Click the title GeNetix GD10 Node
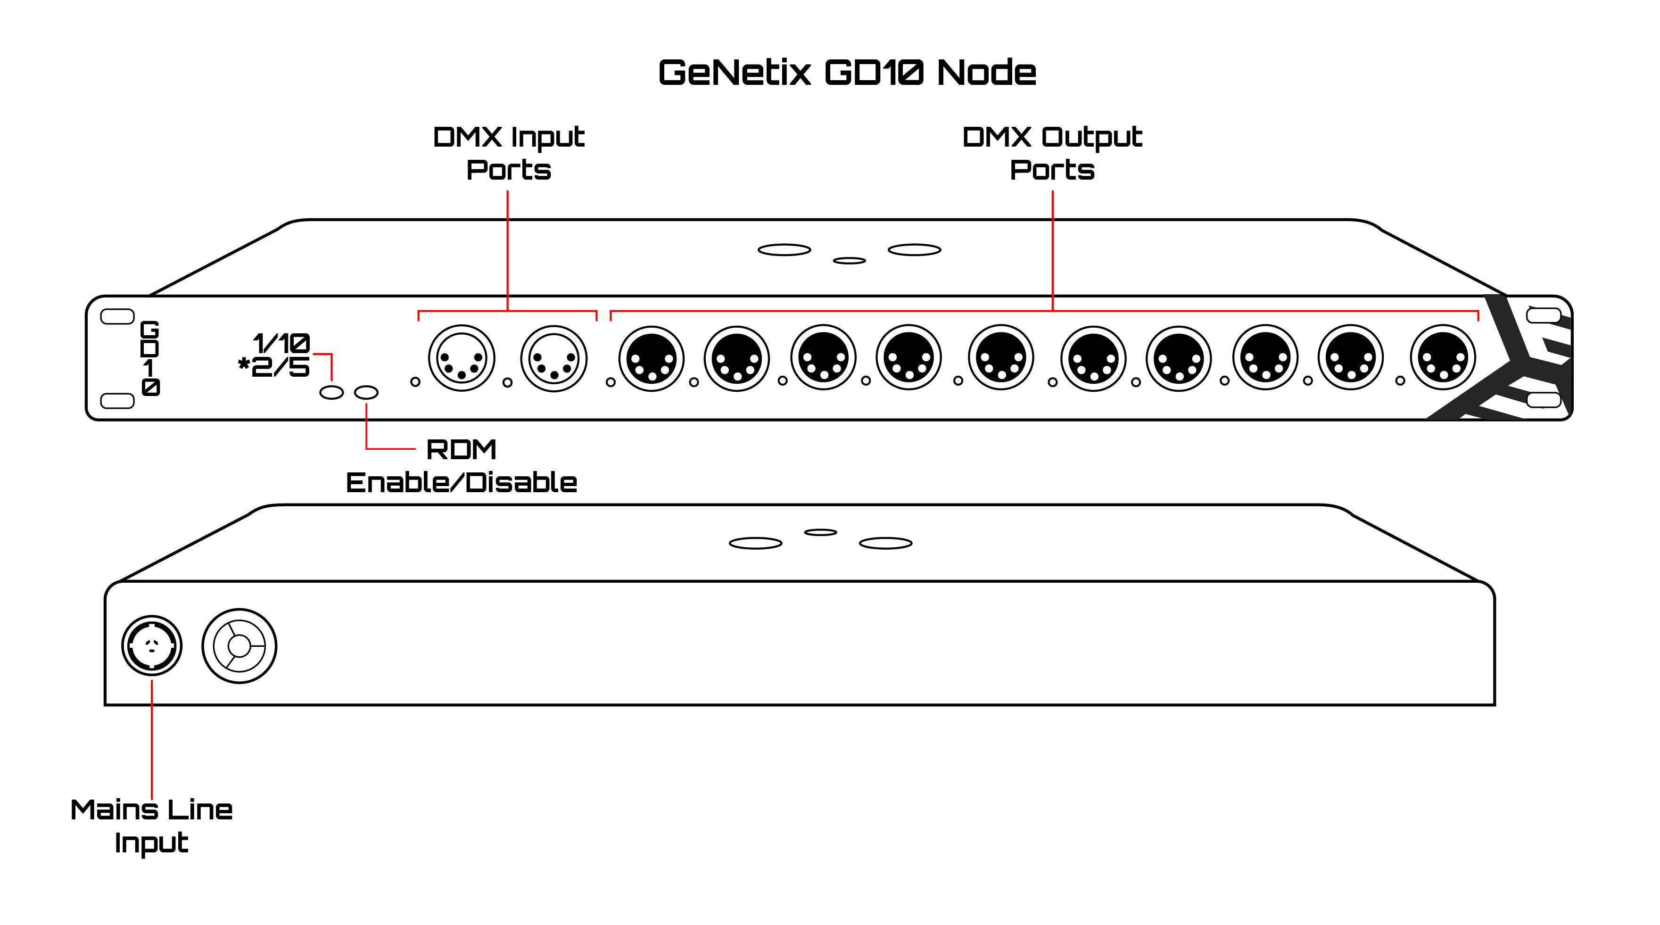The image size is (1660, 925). pyautogui.click(x=847, y=72)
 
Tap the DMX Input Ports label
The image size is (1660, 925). pyautogui.click(x=508, y=153)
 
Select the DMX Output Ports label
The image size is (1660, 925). pyautogui.click(x=1052, y=153)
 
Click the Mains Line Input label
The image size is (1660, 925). pyautogui.click(x=151, y=826)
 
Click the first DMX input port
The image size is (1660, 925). pyautogui.click(x=462, y=358)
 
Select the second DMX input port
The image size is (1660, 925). pyautogui.click(x=553, y=358)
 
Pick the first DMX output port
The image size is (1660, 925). pyautogui.click(x=651, y=358)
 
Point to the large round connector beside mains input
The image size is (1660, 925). pyautogui.click(x=239, y=646)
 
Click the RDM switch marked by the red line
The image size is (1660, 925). pyautogui.click(x=366, y=392)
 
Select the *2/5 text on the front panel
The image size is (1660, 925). pyautogui.click(x=274, y=367)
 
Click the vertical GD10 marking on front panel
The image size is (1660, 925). pyautogui.click(x=150, y=358)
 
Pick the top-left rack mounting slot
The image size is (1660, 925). pyautogui.click(x=117, y=316)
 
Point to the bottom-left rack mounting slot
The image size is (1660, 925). pyautogui.click(x=117, y=400)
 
